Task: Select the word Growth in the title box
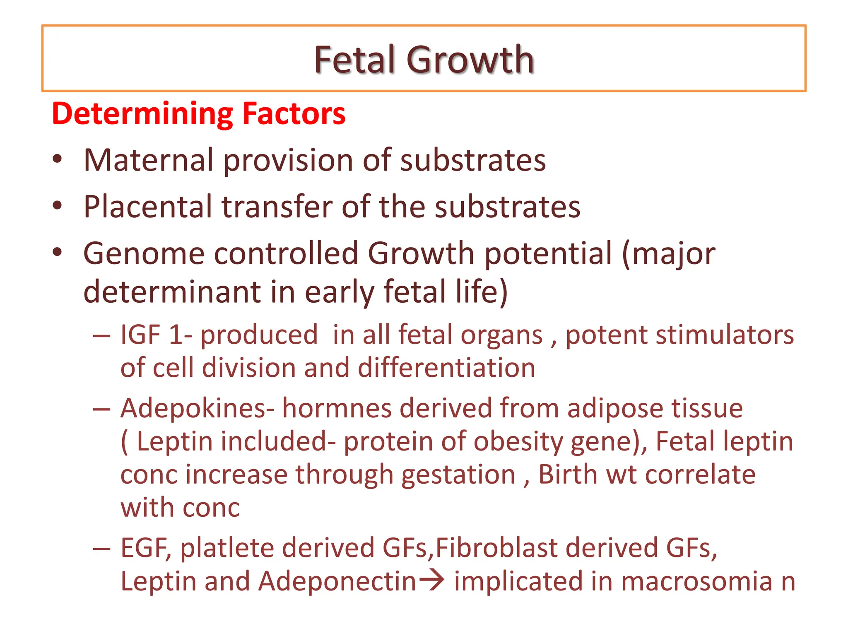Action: [470, 60]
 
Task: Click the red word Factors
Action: [294, 114]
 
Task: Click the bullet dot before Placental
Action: [58, 206]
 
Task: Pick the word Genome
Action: [144, 253]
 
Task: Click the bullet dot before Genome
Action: [58, 252]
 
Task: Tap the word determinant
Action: [172, 292]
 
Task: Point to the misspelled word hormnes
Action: [337, 408]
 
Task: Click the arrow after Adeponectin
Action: [431, 581]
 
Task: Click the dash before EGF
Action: [102, 549]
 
